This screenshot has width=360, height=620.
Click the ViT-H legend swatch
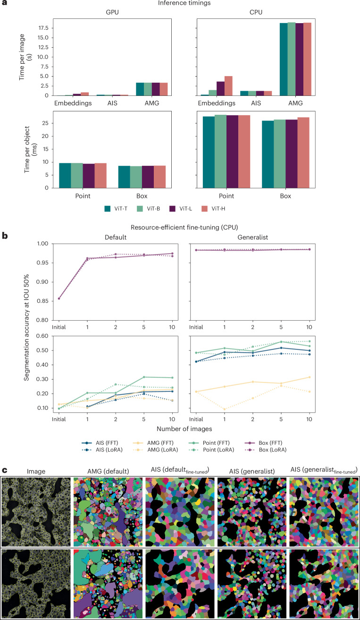click(205, 209)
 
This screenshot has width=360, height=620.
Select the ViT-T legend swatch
click(107, 209)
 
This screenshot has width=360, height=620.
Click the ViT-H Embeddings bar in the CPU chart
click(228, 86)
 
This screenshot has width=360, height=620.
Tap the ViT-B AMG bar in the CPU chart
click(292, 59)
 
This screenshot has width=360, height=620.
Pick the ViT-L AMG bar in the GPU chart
click(156, 89)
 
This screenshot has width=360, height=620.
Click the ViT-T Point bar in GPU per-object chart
click(65, 176)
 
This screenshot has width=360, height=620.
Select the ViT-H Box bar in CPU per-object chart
click(303, 153)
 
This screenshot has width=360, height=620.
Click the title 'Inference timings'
click(184, 3)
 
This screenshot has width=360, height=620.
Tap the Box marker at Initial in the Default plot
click(59, 298)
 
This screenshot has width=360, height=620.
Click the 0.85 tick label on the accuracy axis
click(42, 301)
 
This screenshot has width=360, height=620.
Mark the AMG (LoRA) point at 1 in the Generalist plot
click(224, 409)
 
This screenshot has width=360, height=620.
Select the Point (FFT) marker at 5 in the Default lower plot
click(144, 377)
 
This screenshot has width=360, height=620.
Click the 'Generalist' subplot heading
click(253, 237)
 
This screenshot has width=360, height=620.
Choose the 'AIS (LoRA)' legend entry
click(102, 450)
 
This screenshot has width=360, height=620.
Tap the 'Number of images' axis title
click(184, 429)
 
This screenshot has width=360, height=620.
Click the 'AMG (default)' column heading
click(108, 471)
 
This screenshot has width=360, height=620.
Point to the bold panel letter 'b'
click(5, 236)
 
